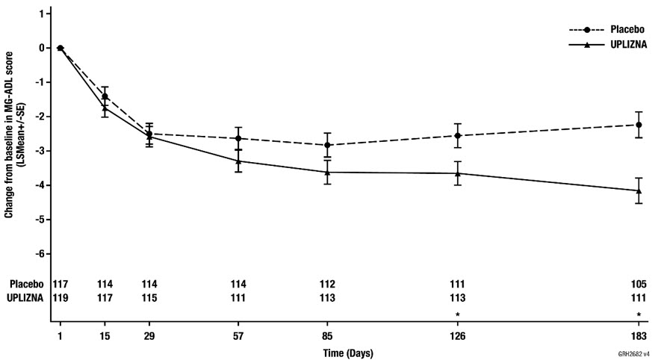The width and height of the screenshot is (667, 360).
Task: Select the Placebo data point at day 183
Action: [639, 125]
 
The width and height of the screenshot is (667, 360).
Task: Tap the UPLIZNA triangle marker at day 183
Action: [639, 190]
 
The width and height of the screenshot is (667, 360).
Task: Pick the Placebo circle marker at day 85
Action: [327, 145]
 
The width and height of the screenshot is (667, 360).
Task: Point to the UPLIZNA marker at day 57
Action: [238, 161]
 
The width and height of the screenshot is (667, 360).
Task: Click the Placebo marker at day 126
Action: [457, 135]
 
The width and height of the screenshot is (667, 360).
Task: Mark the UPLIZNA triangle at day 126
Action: [457, 173]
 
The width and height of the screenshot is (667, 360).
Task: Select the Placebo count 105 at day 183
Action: [639, 285]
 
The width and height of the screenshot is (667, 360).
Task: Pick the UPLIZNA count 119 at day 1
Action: [61, 298]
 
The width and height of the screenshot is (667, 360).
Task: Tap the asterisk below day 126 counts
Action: [457, 314]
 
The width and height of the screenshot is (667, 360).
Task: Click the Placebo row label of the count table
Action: [23, 285]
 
